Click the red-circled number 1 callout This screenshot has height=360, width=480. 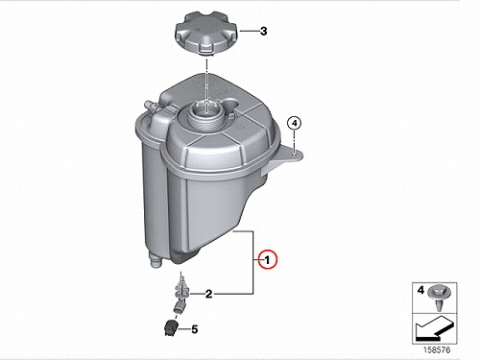[x=268, y=259]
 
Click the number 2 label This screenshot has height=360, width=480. [x=208, y=294]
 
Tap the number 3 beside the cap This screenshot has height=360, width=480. [x=263, y=32]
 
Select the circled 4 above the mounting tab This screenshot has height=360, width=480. [x=294, y=123]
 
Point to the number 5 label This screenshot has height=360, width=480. [x=195, y=329]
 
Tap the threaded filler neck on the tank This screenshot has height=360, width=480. [x=204, y=115]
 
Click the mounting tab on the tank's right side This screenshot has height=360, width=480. [x=282, y=160]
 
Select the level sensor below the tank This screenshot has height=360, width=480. [x=181, y=288]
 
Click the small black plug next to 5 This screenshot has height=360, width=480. [x=171, y=328]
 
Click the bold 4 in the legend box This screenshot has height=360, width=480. [x=420, y=290]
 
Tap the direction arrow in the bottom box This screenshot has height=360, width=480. [x=434, y=328]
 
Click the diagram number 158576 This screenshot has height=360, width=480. [x=437, y=349]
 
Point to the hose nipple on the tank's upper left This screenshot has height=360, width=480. [x=152, y=107]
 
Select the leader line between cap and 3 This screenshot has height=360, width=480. [x=249, y=31]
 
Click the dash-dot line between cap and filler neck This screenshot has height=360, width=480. [x=207, y=84]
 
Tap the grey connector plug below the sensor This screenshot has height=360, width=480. [x=179, y=308]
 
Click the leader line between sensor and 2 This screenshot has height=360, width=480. [x=197, y=294]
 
